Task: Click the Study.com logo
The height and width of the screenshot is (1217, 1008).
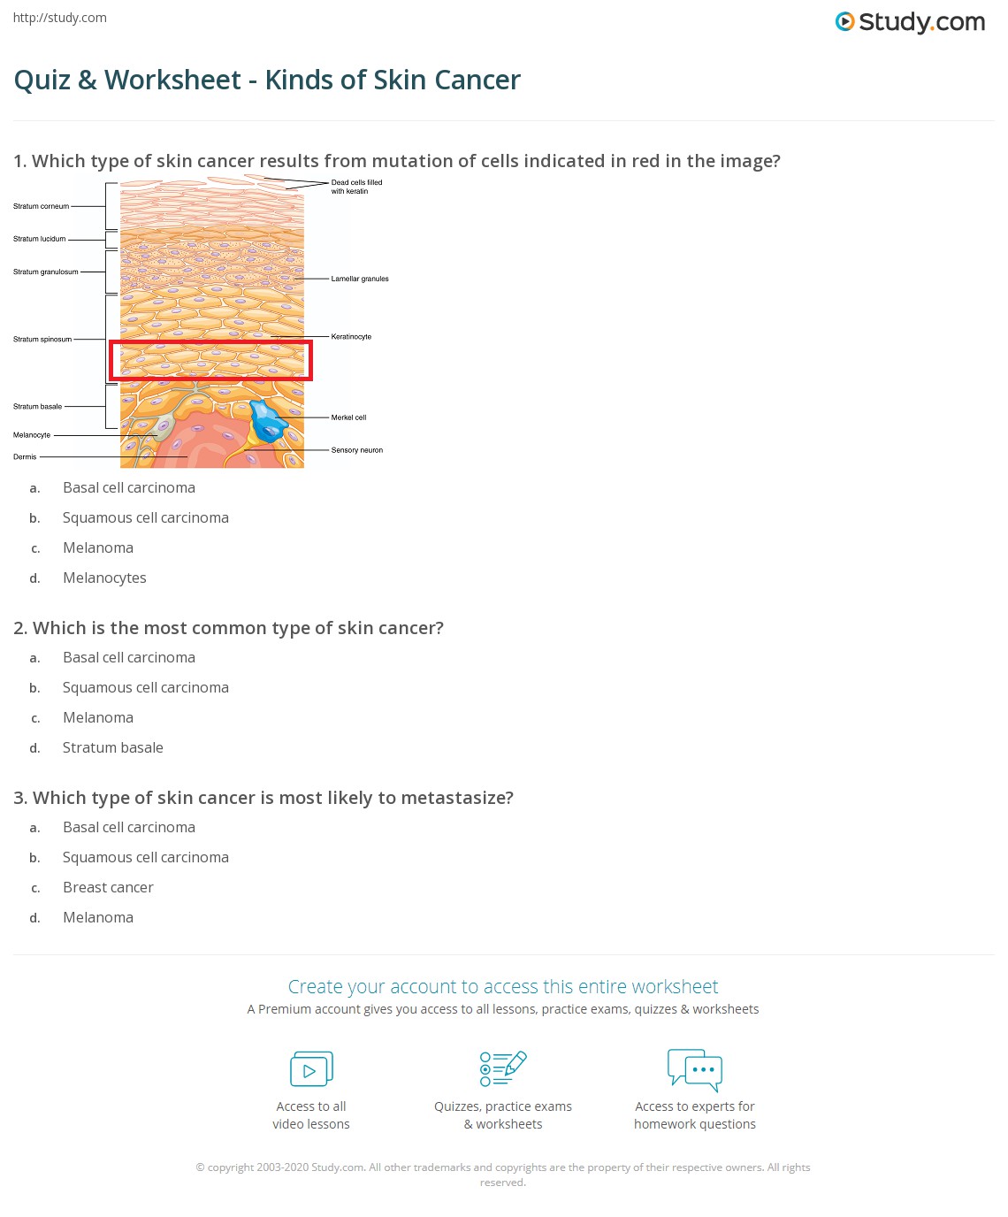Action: point(910,22)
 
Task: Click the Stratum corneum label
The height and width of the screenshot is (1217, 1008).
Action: point(41,206)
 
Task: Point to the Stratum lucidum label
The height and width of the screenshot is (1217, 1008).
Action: point(40,239)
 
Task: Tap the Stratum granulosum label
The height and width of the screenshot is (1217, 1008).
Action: point(45,272)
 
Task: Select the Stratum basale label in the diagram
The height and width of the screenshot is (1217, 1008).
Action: point(38,407)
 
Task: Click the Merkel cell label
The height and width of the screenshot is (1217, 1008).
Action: point(348,417)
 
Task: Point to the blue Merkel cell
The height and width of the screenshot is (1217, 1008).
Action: point(267,420)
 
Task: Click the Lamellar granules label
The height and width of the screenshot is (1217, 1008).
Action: point(360,279)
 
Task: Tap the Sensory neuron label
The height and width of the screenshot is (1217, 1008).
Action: point(357,450)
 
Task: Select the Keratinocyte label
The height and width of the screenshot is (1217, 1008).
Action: point(351,337)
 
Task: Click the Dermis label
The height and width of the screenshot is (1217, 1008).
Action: point(25,457)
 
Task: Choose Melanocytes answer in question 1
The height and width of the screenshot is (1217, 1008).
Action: point(104,578)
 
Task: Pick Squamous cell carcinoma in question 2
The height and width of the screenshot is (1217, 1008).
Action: point(145,687)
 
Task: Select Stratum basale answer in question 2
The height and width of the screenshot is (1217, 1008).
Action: point(112,747)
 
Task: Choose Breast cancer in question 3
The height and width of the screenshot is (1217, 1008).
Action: point(108,887)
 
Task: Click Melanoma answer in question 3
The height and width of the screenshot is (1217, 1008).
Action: point(98,917)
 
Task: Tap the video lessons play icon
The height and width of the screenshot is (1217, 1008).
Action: point(311,1068)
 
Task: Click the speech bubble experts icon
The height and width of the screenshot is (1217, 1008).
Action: point(695,1068)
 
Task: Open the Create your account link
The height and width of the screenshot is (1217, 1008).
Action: point(503,986)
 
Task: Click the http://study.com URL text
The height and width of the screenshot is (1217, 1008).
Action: point(60,18)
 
